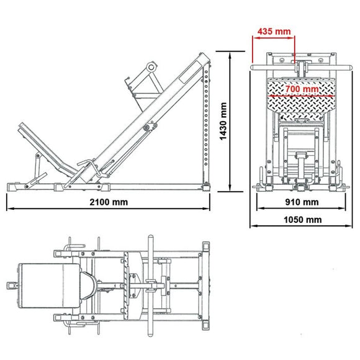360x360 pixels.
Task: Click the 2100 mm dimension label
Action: click(x=109, y=202)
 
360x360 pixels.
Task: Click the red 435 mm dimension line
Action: click(x=273, y=37)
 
